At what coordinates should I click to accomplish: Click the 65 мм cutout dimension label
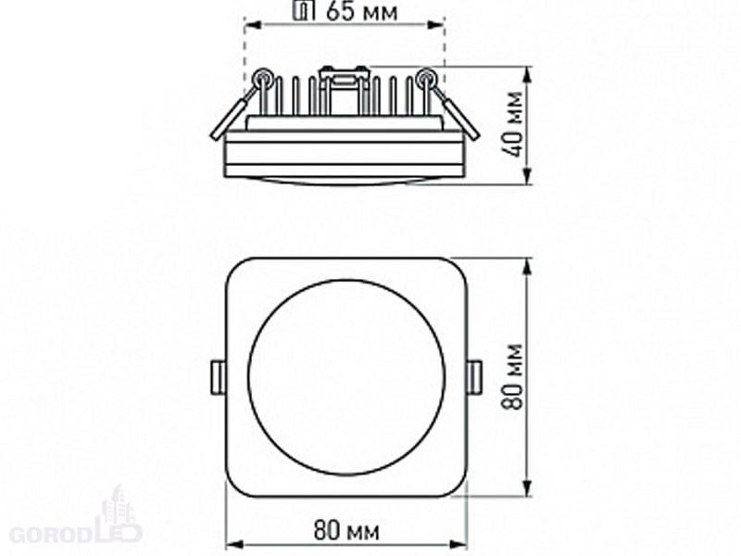click(361, 12)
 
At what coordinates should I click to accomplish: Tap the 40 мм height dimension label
click(513, 124)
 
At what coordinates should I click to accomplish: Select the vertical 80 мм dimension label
click(513, 376)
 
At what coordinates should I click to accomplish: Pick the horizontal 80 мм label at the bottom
click(346, 531)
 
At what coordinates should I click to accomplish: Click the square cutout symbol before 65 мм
click(304, 11)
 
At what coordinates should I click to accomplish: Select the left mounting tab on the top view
click(218, 377)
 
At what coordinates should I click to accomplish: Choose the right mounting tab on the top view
click(474, 377)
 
